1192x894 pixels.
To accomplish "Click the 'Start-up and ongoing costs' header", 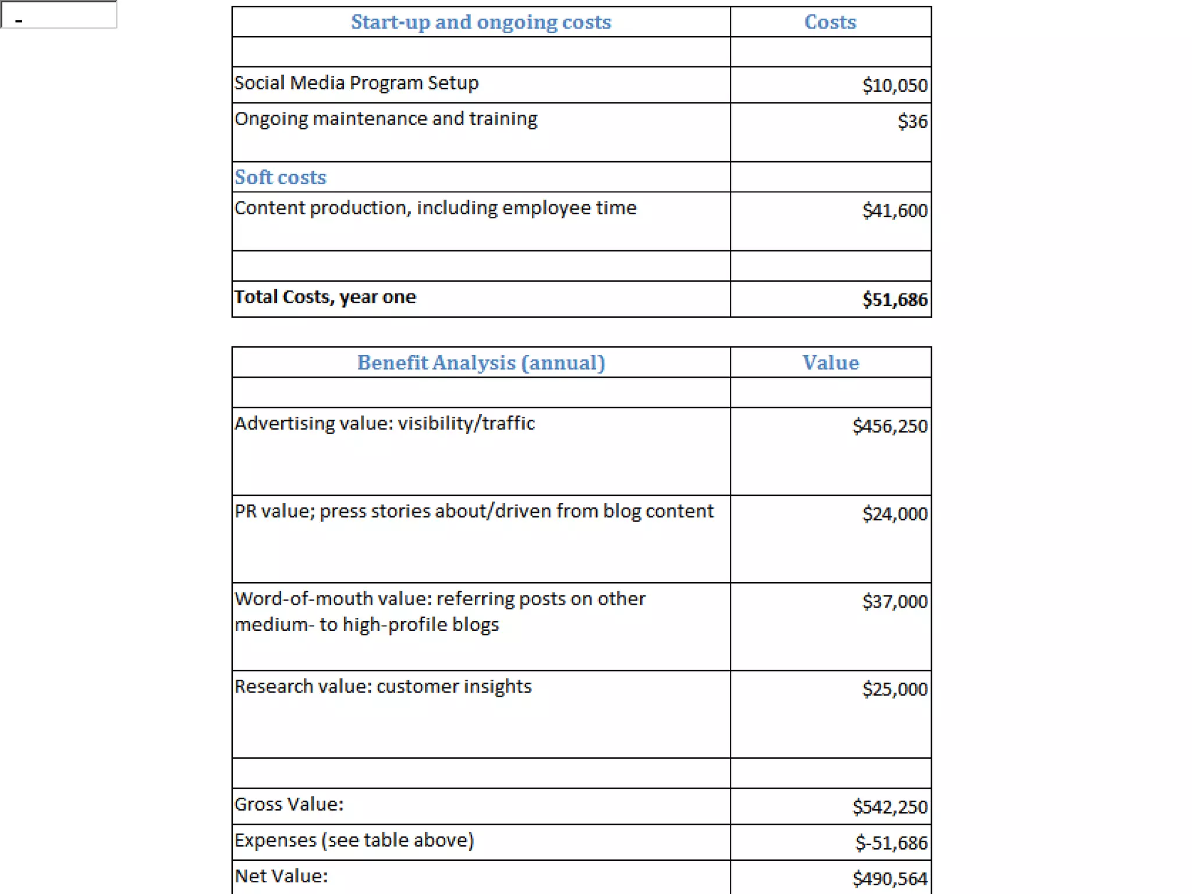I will pos(481,22).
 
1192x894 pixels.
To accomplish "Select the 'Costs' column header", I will pos(830,22).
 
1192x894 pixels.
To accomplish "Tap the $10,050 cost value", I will pos(895,86).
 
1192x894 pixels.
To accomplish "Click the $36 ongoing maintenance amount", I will pos(912,121).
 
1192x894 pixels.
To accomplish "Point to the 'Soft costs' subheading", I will pos(281,177).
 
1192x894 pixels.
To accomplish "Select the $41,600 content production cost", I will pos(895,210).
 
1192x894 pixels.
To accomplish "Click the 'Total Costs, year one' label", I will pos(325,297).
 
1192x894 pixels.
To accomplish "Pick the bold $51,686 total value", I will pos(895,299).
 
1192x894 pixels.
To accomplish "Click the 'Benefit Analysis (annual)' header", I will pos(481,363).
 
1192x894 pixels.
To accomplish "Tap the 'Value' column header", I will pos(830,363).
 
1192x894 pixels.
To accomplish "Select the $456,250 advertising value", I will pos(889,426).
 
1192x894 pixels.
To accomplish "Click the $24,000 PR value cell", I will pos(895,513).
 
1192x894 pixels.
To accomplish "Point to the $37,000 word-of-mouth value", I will pos(895,601).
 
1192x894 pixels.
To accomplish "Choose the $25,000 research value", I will pos(895,689).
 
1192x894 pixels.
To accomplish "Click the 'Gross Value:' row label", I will pos(289,804).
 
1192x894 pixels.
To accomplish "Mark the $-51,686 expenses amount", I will pos(891,842).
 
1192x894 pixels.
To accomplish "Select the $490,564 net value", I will pos(889,878).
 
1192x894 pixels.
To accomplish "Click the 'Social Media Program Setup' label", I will pos(356,83).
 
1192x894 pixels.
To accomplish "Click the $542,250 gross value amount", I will pos(889,807).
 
